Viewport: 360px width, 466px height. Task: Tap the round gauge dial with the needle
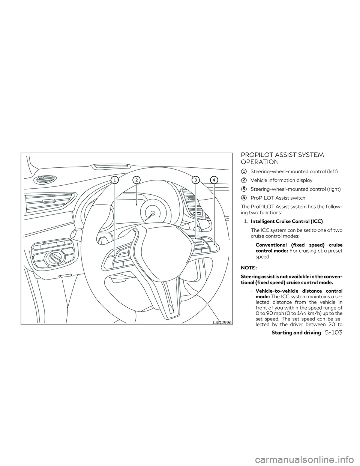pyautogui.click(x=153, y=213)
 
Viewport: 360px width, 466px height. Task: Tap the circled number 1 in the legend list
pyautogui.click(x=244, y=171)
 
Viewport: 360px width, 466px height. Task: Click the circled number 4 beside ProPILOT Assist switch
pyautogui.click(x=244, y=198)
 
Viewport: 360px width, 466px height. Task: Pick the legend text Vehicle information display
pyautogui.click(x=281, y=180)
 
